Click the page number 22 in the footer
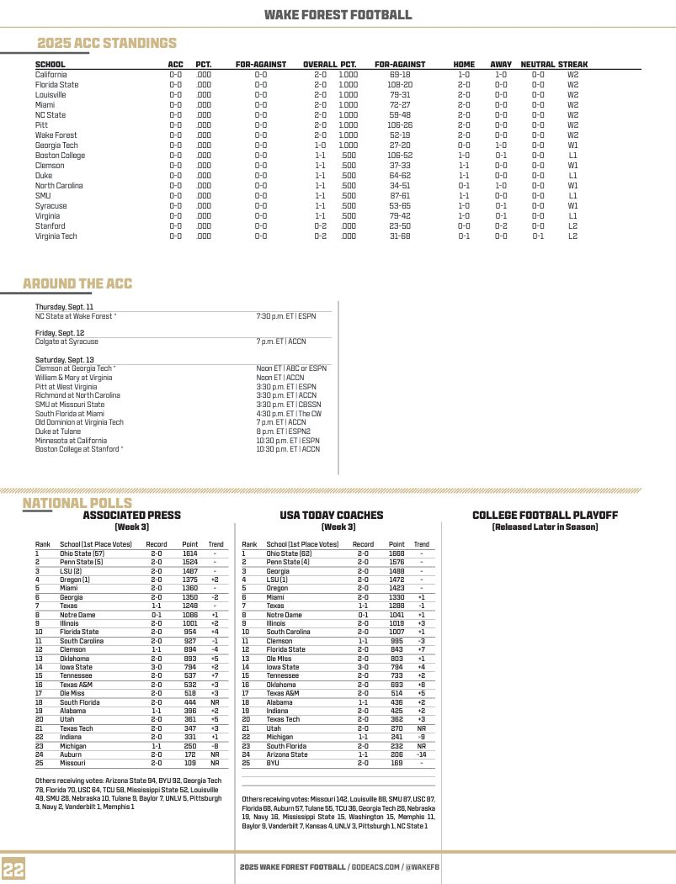(x=13, y=868)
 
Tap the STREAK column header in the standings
(x=572, y=64)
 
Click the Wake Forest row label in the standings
(x=56, y=135)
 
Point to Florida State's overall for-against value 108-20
(x=400, y=84)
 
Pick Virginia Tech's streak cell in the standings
(x=572, y=236)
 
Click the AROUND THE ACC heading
(x=77, y=283)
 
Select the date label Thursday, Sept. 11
(x=64, y=307)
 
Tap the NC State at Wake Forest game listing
(x=76, y=316)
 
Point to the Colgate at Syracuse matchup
(x=67, y=341)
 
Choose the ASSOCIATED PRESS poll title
(x=131, y=515)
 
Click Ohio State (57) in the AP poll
(x=82, y=553)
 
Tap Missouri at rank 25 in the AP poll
(x=72, y=763)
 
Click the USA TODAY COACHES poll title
(x=331, y=515)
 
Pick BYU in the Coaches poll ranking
(x=273, y=763)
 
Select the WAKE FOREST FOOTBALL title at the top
(x=338, y=14)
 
